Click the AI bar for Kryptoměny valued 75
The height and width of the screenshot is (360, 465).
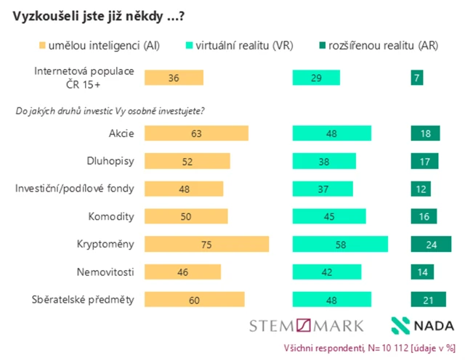tap(206, 245)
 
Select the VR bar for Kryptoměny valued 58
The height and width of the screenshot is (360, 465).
tap(339, 245)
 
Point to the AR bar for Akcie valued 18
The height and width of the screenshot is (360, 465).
tap(425, 134)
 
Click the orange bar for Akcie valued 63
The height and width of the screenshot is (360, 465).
tap(196, 134)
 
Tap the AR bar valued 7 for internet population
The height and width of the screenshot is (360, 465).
tap(416, 78)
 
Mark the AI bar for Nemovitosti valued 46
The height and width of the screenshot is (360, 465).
tap(182, 272)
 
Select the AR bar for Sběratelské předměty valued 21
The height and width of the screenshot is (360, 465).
tap(428, 300)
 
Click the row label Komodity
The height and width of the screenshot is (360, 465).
tap(111, 216)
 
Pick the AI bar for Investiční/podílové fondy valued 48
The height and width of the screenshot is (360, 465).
tap(184, 189)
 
